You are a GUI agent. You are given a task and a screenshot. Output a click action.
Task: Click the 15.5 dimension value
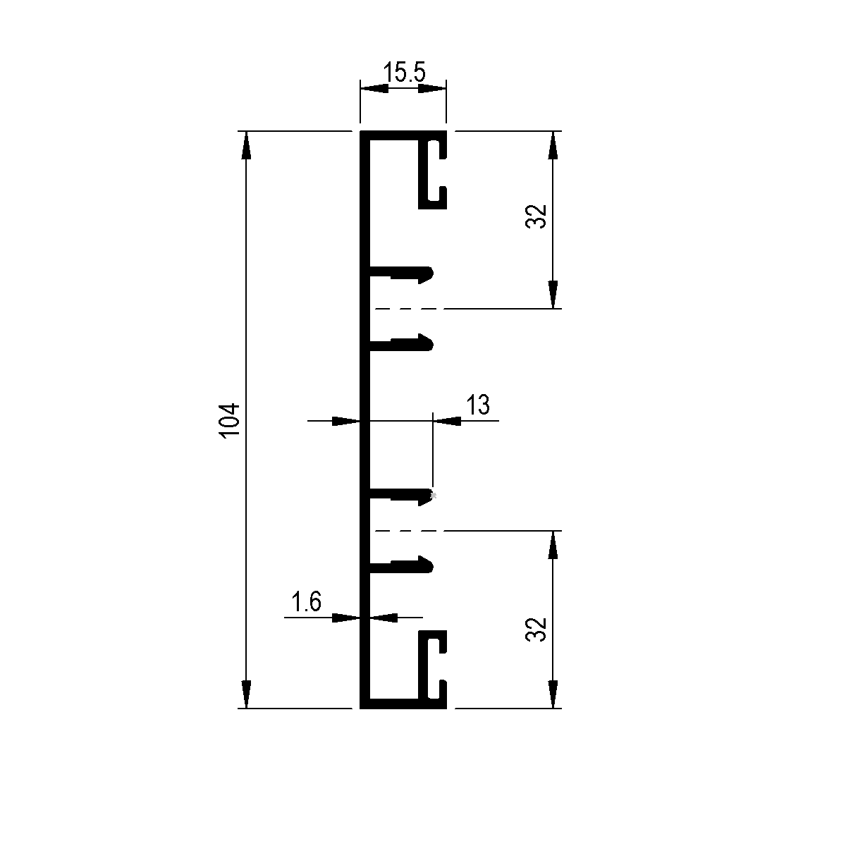click(405, 73)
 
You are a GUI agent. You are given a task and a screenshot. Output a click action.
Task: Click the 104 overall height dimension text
click(230, 421)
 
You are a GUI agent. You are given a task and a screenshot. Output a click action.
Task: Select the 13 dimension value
click(478, 405)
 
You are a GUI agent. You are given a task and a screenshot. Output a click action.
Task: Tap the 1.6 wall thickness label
click(306, 601)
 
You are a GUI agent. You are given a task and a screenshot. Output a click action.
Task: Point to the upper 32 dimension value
click(536, 216)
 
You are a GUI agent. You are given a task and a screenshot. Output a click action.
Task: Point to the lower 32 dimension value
click(536, 630)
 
